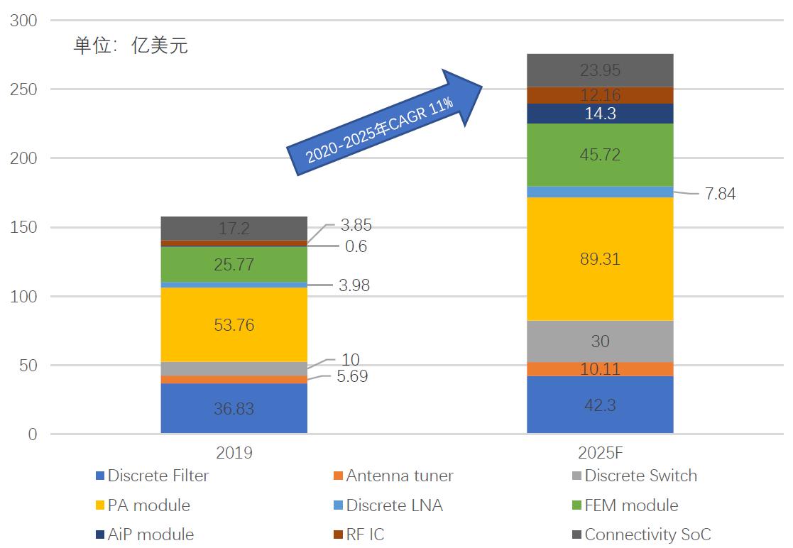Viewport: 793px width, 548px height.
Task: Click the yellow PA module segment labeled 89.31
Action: click(600, 259)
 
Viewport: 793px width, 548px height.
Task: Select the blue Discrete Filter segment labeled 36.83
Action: click(234, 409)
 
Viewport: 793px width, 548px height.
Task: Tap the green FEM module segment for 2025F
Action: click(600, 155)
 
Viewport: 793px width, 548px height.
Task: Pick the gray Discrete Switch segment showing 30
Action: click(600, 341)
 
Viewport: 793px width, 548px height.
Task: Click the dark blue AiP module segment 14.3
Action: click(600, 114)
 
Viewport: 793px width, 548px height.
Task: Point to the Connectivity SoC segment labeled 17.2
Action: click(234, 228)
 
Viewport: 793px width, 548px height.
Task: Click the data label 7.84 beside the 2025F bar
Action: click(720, 194)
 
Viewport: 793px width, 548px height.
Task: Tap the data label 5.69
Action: click(351, 377)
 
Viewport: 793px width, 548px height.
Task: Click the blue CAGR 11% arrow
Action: click(383, 120)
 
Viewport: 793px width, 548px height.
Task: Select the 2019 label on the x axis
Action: click(234, 453)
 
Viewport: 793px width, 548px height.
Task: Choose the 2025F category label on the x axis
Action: click(600, 453)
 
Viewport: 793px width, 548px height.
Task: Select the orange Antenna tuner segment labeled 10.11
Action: click(600, 369)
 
